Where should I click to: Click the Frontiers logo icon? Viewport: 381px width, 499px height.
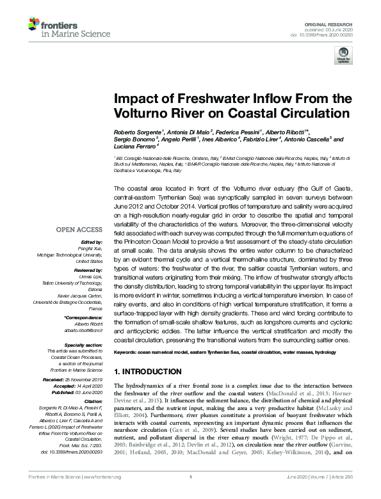tap(34, 24)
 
